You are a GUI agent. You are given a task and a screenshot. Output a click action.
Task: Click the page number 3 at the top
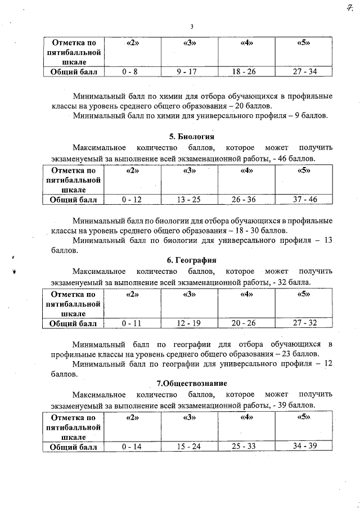191,26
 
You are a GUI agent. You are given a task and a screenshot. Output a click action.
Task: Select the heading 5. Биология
191,137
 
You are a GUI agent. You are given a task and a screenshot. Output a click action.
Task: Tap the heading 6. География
191,260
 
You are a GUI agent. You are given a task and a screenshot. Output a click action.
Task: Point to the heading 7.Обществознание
191,384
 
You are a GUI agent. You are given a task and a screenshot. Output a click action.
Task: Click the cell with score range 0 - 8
130,71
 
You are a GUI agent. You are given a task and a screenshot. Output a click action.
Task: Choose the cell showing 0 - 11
130,323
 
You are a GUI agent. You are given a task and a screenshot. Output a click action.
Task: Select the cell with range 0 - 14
130,447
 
